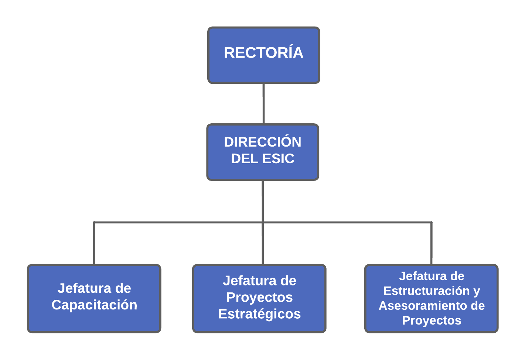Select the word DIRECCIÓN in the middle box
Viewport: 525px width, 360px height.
(x=262, y=141)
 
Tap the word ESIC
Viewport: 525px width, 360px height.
(x=278, y=158)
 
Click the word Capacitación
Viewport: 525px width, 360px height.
(x=94, y=305)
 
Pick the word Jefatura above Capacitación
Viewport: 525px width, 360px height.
(x=84, y=288)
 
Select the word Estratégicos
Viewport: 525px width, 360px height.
(x=259, y=314)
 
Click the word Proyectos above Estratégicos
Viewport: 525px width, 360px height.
(x=259, y=298)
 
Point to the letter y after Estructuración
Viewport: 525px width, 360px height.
(x=477, y=292)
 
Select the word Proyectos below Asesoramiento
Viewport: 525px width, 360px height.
(x=432, y=320)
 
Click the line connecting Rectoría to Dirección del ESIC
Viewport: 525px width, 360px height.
(x=264, y=103)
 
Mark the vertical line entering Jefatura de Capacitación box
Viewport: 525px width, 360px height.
(x=94, y=243)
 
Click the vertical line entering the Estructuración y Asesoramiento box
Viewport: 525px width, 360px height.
(x=432, y=243)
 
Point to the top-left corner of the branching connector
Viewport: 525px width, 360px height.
(x=94, y=222)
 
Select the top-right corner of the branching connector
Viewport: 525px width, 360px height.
(x=432, y=222)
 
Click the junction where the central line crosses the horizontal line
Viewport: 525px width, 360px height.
(x=263, y=222)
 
